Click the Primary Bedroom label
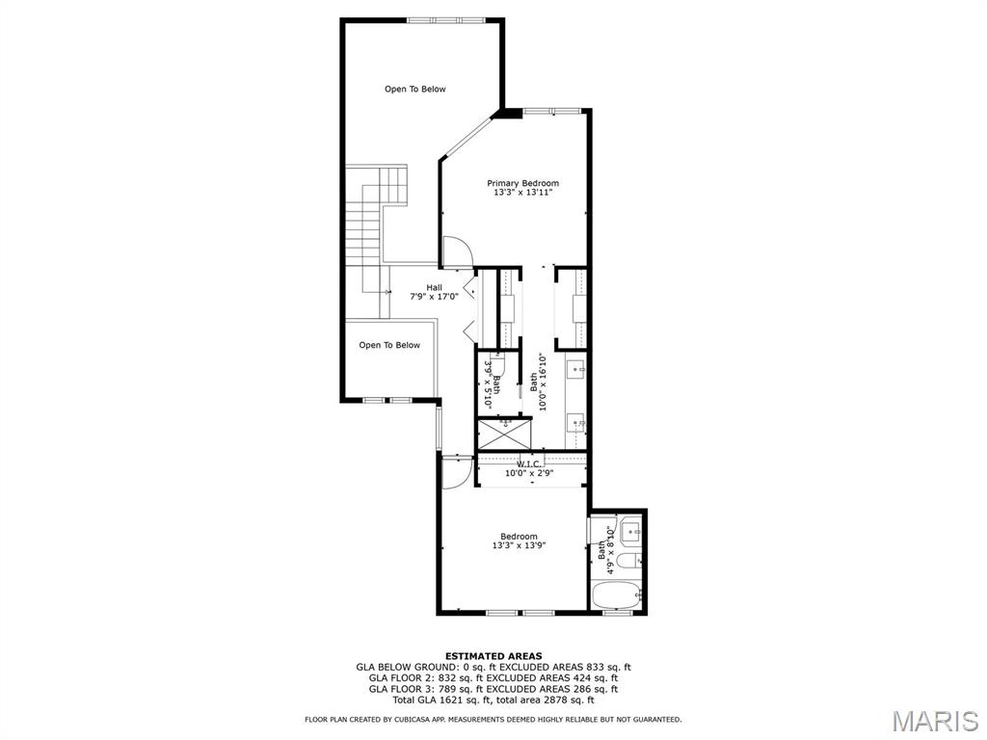click(x=522, y=183)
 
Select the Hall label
click(x=435, y=287)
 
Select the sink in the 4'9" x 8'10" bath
click(x=631, y=531)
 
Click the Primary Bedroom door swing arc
click(x=458, y=252)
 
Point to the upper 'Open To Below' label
click(x=415, y=90)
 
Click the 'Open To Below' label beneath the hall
click(x=389, y=345)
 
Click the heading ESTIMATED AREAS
click(x=493, y=655)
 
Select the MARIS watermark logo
click(x=934, y=720)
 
